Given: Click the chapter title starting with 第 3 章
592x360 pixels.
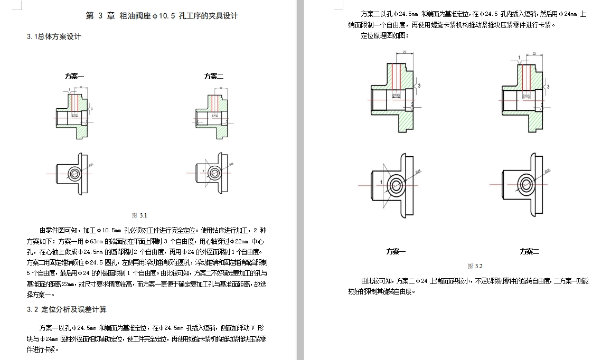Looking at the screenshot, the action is point(162,15).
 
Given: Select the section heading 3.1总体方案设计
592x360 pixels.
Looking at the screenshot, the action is point(53,36).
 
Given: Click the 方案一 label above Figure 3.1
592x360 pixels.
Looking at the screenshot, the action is point(74,76).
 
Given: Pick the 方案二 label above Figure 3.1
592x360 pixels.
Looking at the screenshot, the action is point(214,76).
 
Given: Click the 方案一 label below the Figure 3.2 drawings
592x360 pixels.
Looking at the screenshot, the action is point(396,251).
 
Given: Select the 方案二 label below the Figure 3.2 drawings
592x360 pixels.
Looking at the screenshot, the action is point(529,251).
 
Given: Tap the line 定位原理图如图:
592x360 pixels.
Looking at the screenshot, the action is point(384,35).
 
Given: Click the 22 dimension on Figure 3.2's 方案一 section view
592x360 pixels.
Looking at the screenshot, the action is point(404,52).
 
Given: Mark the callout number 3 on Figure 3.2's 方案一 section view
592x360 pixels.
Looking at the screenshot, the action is point(419,85).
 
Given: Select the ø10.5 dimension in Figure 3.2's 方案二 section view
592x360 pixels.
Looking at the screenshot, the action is point(526,96).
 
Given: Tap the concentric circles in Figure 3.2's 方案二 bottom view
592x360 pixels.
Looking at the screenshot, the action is point(526,184).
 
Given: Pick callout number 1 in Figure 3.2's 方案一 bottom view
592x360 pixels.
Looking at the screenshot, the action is point(380,182).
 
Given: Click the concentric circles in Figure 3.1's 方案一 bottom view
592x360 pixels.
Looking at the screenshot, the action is point(74,173).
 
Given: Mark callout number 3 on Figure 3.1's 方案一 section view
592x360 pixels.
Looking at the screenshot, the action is point(91,109).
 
